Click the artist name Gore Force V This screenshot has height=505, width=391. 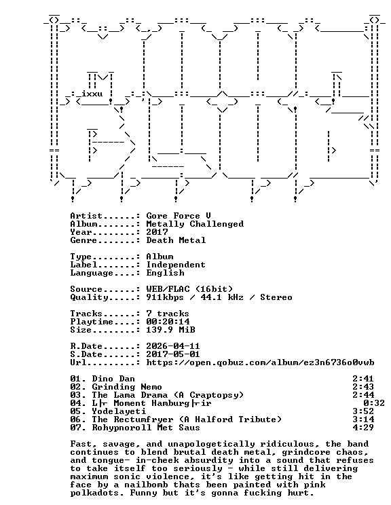point(179,216)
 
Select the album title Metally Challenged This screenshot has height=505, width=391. point(195,224)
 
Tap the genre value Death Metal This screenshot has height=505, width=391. point(176,240)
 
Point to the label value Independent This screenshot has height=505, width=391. point(176,265)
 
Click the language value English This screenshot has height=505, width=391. point(165,273)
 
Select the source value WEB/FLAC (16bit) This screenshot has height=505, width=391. point(189,289)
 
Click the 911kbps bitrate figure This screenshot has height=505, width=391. point(165,297)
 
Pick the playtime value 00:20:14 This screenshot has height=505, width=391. point(168,322)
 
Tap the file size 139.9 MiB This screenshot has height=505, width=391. point(170,330)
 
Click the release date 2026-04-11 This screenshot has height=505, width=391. point(173,346)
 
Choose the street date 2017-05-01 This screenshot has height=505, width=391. point(173,354)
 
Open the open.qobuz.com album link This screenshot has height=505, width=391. point(260,362)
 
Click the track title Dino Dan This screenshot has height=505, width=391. point(113,379)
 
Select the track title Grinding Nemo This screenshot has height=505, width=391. point(127,387)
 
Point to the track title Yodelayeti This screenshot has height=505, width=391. point(119,411)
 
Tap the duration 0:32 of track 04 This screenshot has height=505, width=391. point(374,403)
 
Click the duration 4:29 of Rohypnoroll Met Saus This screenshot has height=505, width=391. point(363,428)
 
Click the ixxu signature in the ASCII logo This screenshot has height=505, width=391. point(92,94)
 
